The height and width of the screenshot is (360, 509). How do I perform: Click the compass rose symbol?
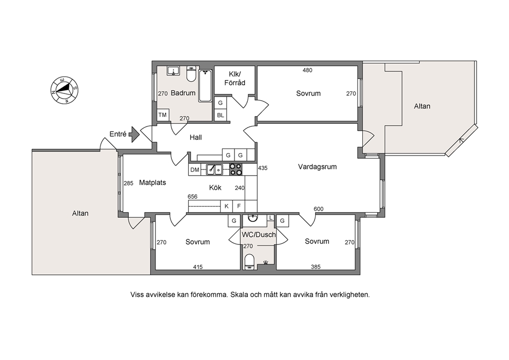(64, 90)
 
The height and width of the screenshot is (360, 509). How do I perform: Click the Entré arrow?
(134, 135)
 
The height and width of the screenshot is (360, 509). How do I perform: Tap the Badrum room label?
(183, 93)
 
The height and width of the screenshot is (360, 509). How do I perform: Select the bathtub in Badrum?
(205, 86)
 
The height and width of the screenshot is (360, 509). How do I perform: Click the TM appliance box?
(163, 115)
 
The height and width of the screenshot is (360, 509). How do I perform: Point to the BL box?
(221, 115)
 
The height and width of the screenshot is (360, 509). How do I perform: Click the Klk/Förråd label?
(234, 78)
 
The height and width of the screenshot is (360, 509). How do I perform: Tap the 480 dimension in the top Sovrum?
(307, 70)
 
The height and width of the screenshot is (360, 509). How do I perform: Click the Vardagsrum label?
(318, 167)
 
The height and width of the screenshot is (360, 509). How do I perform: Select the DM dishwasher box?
(195, 170)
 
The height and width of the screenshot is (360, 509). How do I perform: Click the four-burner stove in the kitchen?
(236, 169)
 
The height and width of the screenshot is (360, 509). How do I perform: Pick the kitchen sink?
(214, 169)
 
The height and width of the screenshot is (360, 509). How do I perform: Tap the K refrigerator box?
(227, 206)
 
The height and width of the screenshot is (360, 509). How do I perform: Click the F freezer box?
(239, 206)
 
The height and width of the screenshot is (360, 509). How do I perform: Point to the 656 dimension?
(192, 197)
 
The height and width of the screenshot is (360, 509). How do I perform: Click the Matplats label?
(152, 183)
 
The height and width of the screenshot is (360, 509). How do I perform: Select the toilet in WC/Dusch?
(249, 262)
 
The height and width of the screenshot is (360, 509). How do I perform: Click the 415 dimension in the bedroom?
(198, 267)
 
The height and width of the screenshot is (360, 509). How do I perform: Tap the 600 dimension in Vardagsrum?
(319, 209)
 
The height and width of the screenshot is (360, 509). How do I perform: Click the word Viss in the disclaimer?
(136, 295)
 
